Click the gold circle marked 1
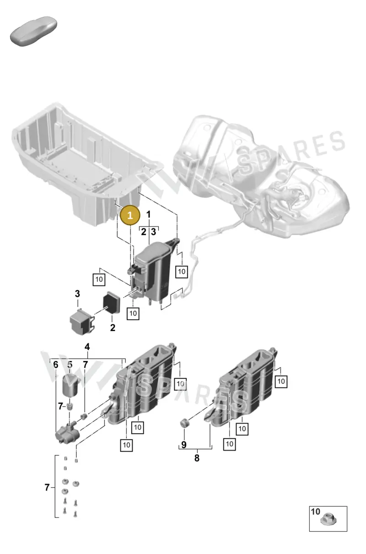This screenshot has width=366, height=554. tap(130, 215)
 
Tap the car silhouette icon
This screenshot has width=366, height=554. tap(34, 31)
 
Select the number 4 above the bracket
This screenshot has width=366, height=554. tap(87, 347)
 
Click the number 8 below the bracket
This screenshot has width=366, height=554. tap(197, 458)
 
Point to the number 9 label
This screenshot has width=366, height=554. tap(184, 445)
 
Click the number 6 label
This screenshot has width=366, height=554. tap(56, 365)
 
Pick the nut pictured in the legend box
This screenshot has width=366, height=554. tap(328, 520)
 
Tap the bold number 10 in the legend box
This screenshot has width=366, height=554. tap(315, 511)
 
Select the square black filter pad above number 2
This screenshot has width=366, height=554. tap(112, 302)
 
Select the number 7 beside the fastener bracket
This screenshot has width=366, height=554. tap(47, 487)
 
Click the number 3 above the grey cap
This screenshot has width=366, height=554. tap(77, 294)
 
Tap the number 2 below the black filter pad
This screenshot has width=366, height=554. tap(113, 328)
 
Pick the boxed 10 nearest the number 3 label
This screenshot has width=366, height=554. tap(99, 280)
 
